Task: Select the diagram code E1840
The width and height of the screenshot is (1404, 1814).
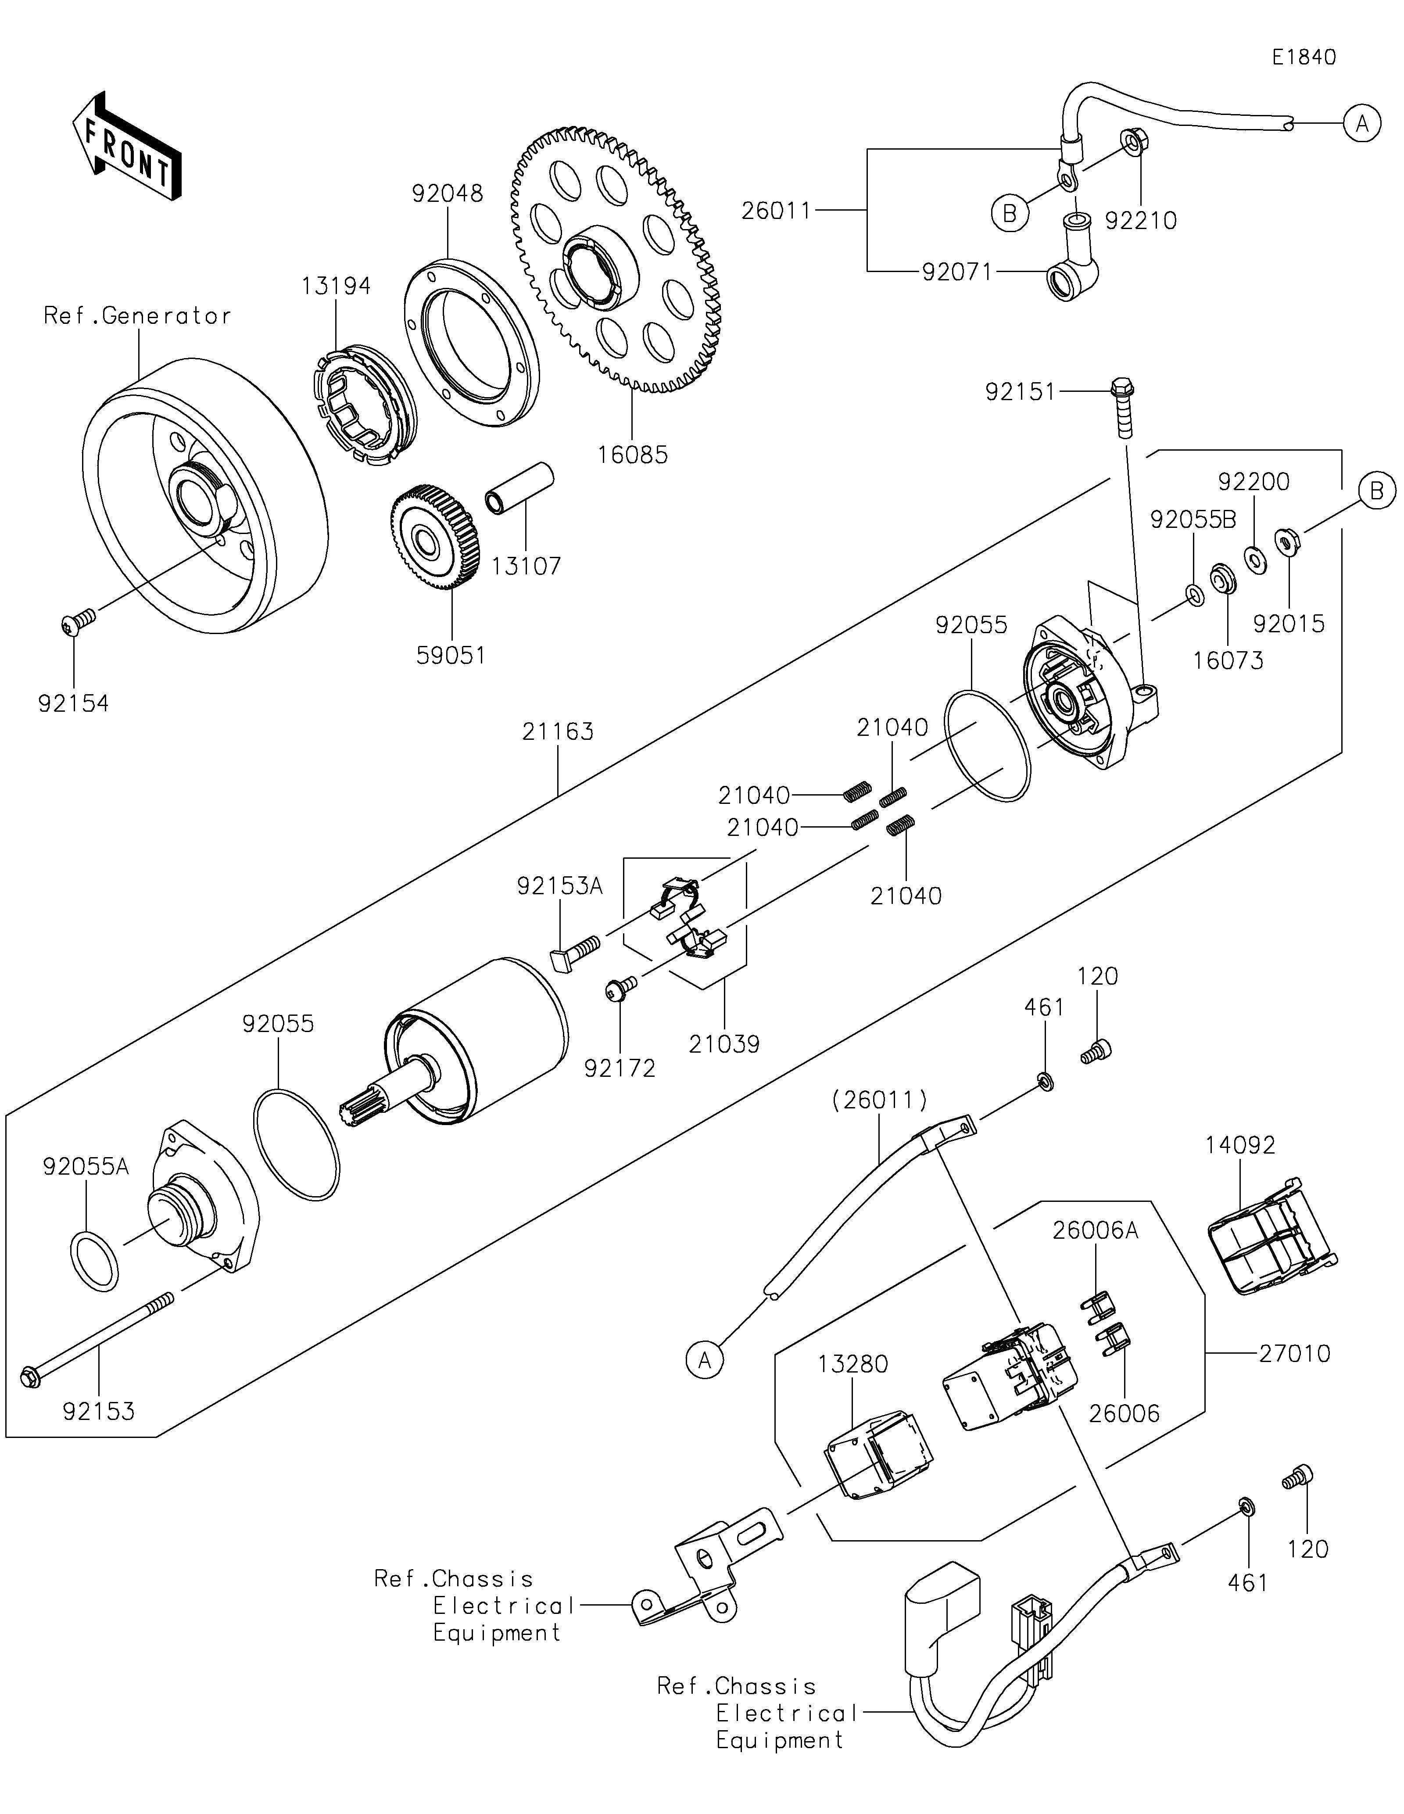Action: [x=1304, y=57]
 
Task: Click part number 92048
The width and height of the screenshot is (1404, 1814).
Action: [x=447, y=194]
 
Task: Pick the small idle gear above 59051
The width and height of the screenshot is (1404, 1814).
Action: [x=433, y=540]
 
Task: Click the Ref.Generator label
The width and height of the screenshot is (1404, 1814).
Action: [x=137, y=315]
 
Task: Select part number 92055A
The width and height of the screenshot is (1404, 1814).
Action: [x=86, y=1167]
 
